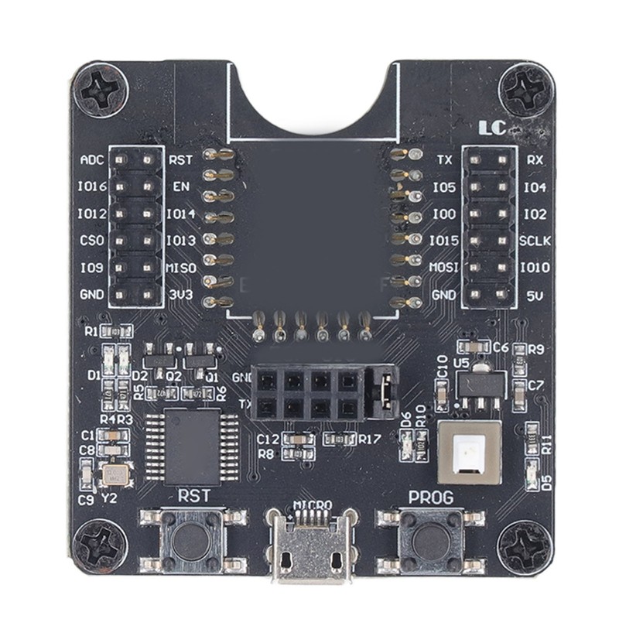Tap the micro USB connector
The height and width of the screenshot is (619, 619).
tap(311, 551)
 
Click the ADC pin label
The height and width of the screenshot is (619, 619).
tap(92, 160)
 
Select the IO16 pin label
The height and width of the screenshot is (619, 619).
tap(92, 186)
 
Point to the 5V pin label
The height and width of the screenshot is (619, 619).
tap(535, 294)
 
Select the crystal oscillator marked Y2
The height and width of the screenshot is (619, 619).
tap(115, 474)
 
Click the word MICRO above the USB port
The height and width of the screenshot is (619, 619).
tap(313, 504)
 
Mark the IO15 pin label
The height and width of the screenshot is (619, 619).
tap(444, 241)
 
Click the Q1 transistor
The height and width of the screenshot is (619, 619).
tap(199, 357)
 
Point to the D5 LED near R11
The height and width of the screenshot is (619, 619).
tap(532, 473)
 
